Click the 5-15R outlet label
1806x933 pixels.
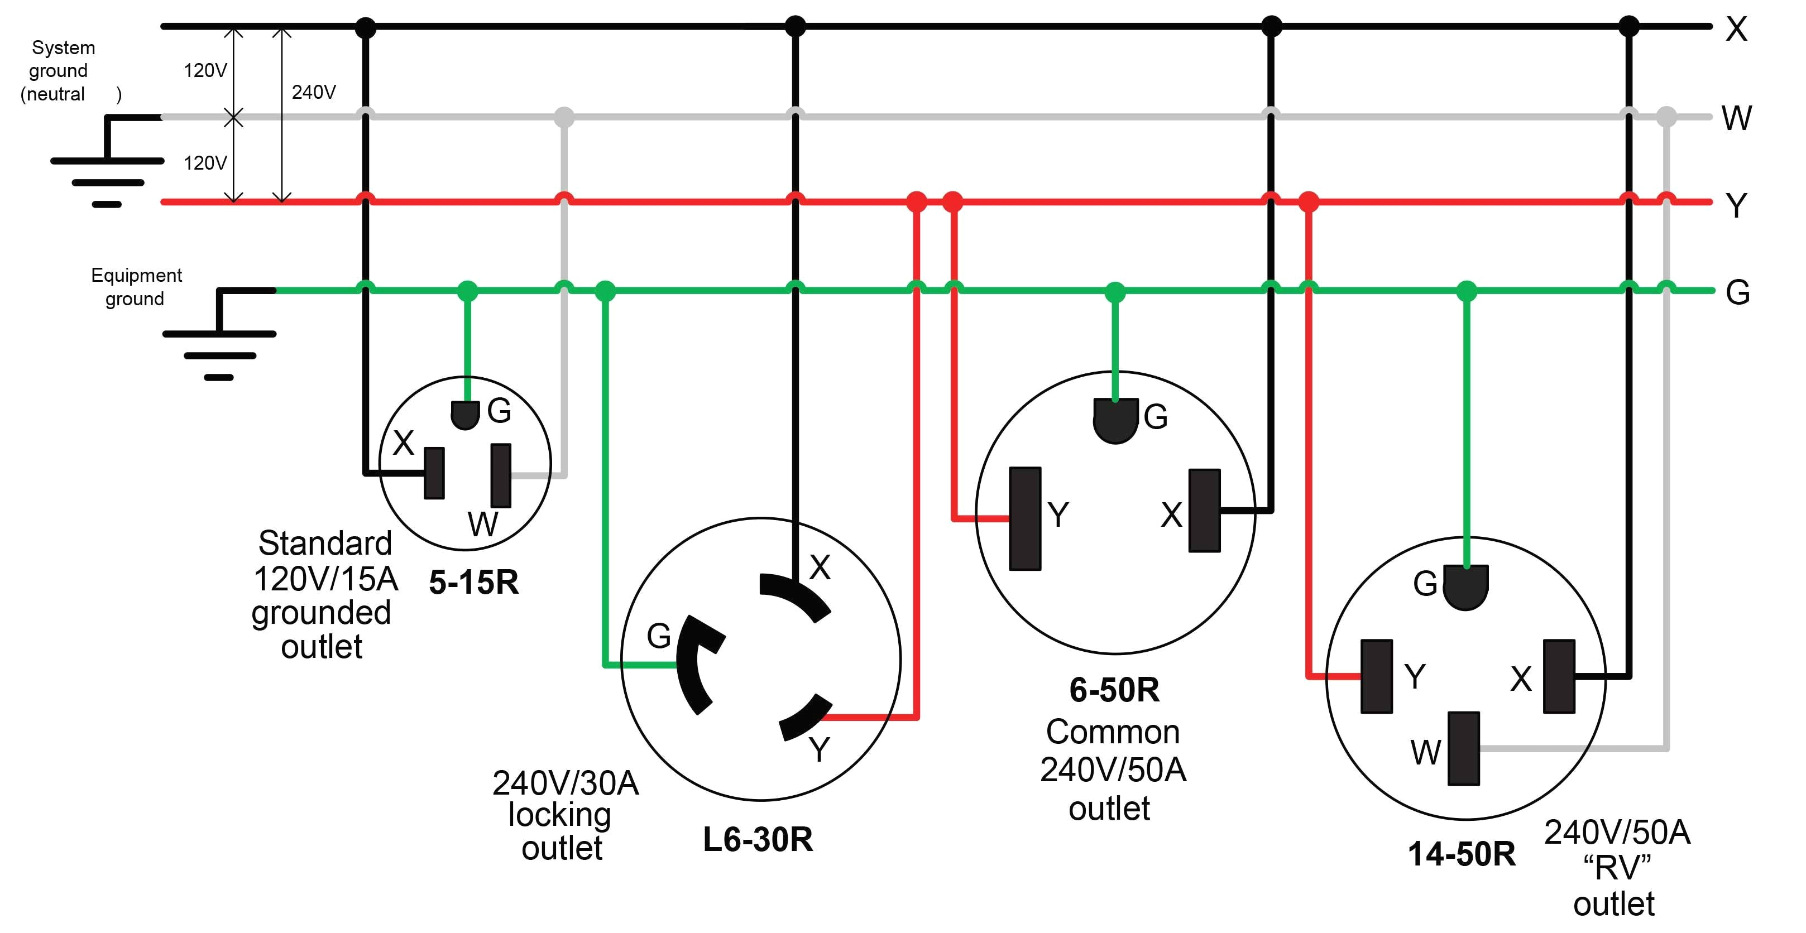click(474, 583)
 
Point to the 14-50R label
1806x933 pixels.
click(1461, 854)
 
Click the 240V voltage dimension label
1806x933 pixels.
click(313, 92)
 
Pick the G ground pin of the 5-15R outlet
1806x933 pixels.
click(465, 414)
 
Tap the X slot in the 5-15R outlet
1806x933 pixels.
click(435, 473)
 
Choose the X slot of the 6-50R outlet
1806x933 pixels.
click(1205, 511)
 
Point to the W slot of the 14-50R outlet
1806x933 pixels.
click(1463, 748)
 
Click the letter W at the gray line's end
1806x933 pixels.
click(1737, 118)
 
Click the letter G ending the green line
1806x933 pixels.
click(1737, 292)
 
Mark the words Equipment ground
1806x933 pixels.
click(136, 287)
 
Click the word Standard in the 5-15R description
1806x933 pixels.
click(324, 544)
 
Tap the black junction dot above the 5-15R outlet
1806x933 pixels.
click(365, 27)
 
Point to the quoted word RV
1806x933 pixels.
click(1617, 868)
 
